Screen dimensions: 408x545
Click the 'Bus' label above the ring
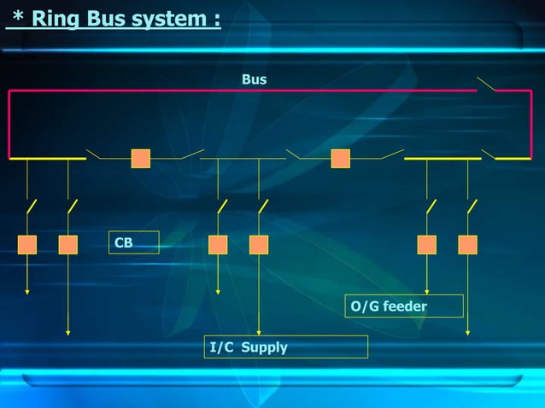pos(254,79)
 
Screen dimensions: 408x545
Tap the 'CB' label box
pos(133,242)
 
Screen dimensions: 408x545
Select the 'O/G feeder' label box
pos(403,306)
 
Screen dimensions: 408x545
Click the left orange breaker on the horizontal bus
pos(141,159)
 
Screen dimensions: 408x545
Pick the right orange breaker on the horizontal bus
pos(341,159)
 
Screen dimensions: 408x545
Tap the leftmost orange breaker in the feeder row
pos(27,245)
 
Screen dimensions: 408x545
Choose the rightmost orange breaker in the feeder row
pos(467,245)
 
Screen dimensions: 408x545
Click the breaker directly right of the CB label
pos(218,245)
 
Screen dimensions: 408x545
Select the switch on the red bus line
pos(486,84)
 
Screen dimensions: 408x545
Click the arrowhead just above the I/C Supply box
pos(259,333)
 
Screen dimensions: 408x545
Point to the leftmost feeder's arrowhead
pos(27,292)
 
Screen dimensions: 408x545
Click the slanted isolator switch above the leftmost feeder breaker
pos(32,207)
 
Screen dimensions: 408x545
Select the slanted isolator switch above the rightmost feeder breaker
pos(472,207)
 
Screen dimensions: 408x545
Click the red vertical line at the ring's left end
pos(9,124)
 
